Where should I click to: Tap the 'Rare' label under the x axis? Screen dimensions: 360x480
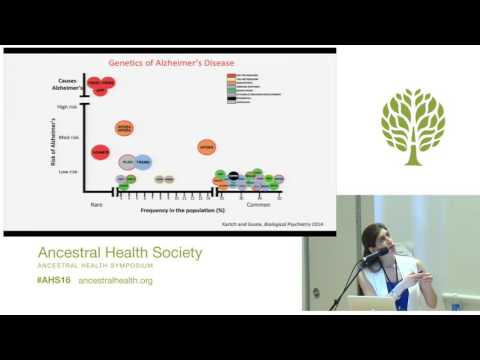point(97,204)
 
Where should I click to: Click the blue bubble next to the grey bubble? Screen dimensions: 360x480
point(143,161)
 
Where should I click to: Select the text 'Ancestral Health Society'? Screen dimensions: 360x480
point(119,252)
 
